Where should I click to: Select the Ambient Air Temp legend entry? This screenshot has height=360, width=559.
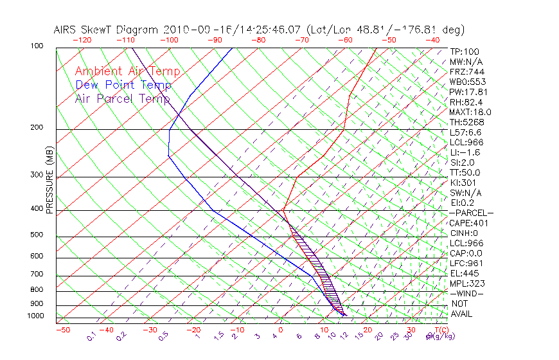[x=127, y=71]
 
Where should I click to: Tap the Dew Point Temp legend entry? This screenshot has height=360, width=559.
[x=123, y=85]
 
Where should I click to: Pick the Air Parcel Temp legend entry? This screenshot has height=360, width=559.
[x=123, y=98]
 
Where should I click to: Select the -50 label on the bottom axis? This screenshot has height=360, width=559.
[x=62, y=330]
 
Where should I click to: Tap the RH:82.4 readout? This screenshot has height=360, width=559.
[x=466, y=102]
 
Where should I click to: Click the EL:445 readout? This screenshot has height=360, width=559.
[x=462, y=273]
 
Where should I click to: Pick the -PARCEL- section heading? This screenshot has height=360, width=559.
[x=471, y=213]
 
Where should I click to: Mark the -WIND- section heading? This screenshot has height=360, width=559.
[x=466, y=293]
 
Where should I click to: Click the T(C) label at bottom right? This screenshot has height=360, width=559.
[x=440, y=330]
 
